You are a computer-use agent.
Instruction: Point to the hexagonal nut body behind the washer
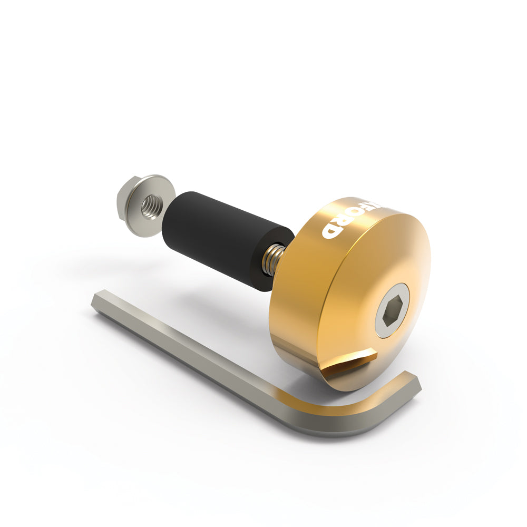tap(125, 199)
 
